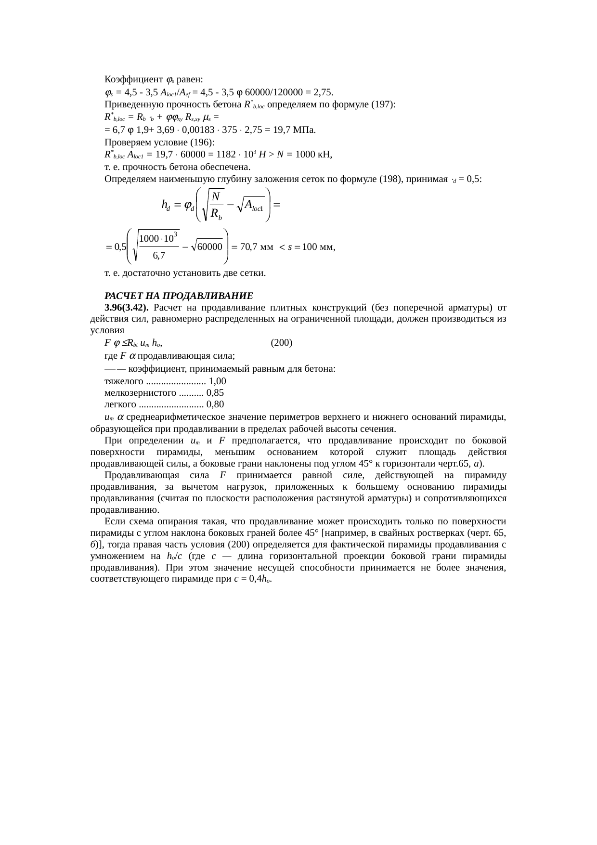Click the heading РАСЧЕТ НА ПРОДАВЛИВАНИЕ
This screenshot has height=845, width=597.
pos(179,295)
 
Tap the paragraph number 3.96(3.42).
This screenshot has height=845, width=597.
pos(126,307)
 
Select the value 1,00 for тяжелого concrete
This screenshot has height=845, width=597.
pos(218,381)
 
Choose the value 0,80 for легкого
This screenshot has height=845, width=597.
pos(215,404)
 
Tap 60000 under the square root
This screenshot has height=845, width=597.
pos(210,247)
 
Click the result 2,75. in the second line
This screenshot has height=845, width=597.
pos(323,92)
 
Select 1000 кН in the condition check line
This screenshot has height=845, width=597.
pos(314,155)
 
